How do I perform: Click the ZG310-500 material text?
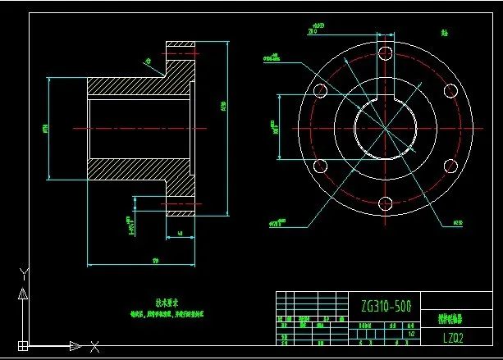pos(386,306)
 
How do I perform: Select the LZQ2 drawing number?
pos(454,336)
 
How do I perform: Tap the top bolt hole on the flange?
pos(385,52)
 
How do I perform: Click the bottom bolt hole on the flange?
pos(385,203)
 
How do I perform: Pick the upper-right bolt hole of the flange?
pos(449,90)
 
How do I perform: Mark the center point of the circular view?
pos(385,128)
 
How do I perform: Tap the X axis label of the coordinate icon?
pos(95,346)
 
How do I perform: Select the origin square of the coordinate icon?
pos(24,345)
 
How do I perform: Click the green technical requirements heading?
pos(166,302)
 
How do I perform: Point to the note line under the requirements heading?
pos(166,313)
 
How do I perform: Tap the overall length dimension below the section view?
pos(154,262)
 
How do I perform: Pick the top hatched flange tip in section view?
pos(181,49)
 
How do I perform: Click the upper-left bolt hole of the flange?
pos(320,90)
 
